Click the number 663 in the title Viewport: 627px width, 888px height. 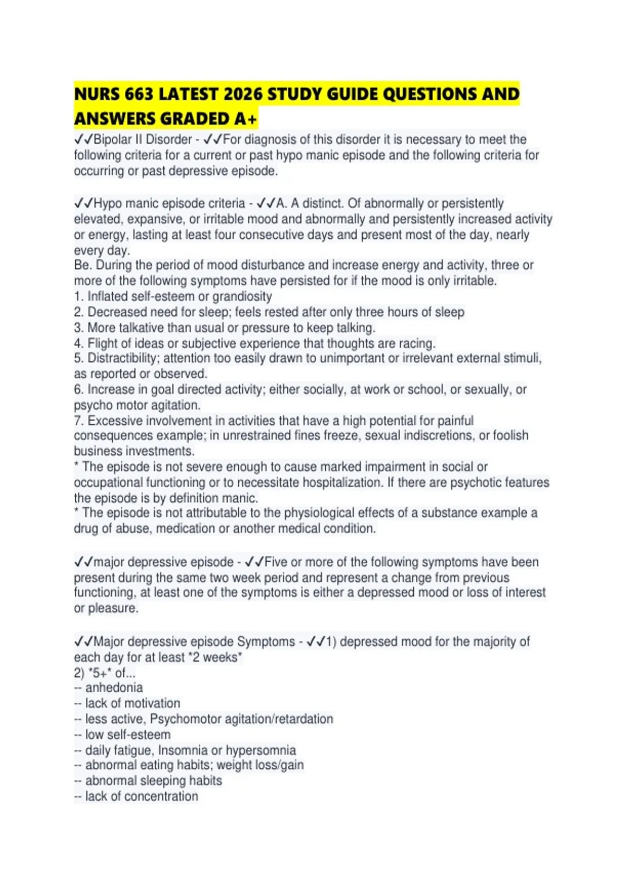[139, 94]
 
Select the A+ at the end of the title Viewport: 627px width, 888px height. [246, 119]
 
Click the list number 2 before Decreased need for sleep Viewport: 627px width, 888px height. [78, 312]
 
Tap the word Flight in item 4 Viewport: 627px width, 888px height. [102, 343]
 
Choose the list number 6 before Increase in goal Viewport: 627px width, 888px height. [78, 390]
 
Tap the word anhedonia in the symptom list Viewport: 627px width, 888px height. [114, 688]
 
